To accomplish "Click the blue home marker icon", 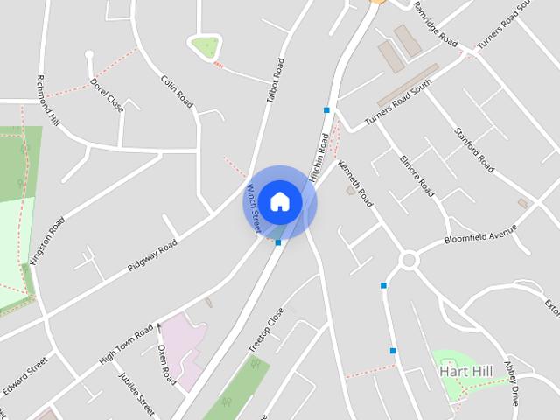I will point(279,201).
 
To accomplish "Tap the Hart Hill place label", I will point(465,372).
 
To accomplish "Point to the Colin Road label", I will point(176,90).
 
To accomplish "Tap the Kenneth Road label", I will point(355,183).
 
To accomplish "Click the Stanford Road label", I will point(474,150).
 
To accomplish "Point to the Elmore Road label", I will point(416,175).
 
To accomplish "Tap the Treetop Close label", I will point(266,331).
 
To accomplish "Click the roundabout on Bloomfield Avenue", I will point(408,260).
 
